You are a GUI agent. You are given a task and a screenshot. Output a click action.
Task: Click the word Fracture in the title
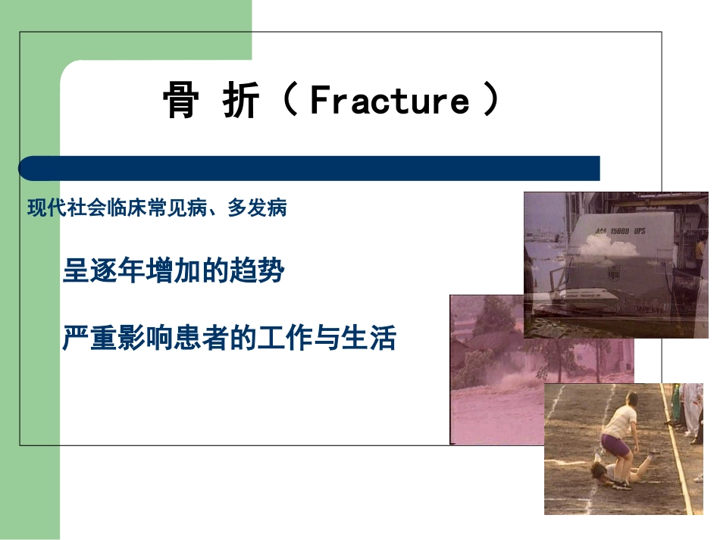tap(390, 101)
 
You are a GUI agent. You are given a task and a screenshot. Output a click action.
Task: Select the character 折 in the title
tap(241, 101)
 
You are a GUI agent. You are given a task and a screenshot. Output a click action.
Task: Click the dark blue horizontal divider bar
tap(309, 168)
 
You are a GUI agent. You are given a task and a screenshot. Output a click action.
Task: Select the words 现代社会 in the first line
tap(60, 208)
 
